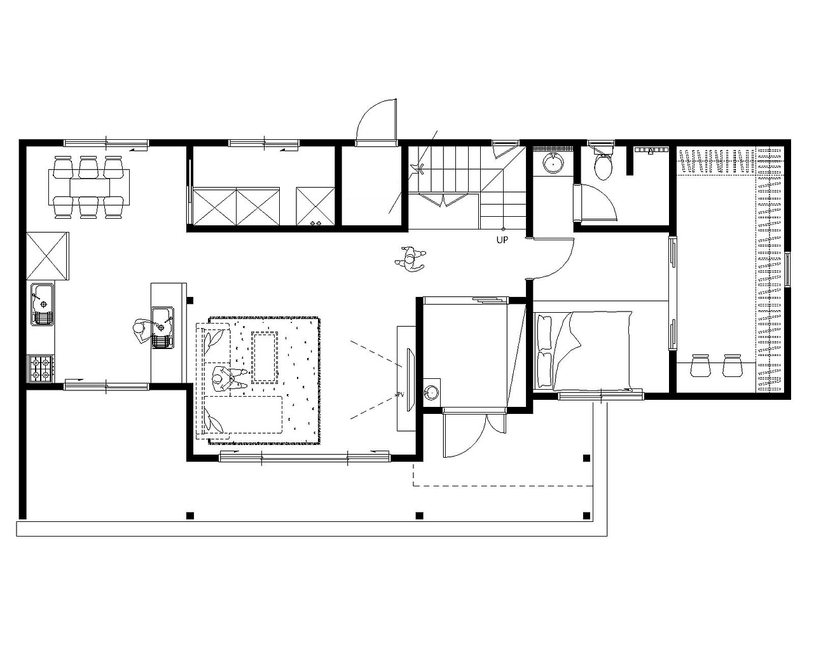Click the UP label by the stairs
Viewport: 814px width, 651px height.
click(502, 240)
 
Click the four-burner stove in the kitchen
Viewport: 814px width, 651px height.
click(41, 369)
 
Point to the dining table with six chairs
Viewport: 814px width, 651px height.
click(90, 187)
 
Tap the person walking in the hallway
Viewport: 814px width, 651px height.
click(410, 259)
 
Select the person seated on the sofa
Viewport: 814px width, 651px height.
click(227, 379)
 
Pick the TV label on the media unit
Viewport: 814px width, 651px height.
click(400, 395)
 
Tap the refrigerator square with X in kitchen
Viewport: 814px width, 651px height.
click(48, 256)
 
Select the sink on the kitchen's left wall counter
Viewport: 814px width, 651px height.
click(43, 304)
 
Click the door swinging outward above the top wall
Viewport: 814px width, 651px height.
click(376, 122)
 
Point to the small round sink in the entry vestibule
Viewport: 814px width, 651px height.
click(431, 392)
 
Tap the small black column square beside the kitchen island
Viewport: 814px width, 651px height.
click(190, 300)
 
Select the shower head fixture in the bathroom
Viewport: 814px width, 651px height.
click(649, 151)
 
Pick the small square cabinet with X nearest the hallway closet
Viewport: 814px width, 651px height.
click(315, 206)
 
